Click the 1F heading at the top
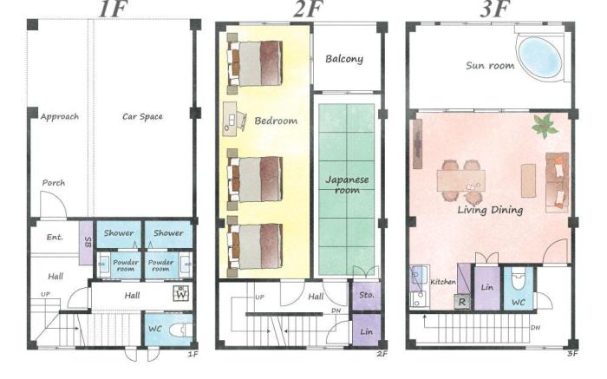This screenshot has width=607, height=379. [113, 10]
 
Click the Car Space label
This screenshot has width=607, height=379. [142, 115]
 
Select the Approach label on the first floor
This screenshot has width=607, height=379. [59, 115]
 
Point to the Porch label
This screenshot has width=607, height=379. [53, 182]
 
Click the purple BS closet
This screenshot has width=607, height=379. [86, 235]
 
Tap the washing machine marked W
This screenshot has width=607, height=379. [181, 293]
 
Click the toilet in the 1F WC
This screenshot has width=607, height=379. [179, 330]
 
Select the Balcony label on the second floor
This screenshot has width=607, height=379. [344, 59]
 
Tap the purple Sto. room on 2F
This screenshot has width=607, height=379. [366, 295]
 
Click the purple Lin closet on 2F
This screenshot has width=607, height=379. [365, 332]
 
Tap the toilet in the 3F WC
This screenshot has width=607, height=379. [519, 281]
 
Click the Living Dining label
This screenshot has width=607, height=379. [490, 210]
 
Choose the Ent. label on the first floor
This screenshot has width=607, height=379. [54, 237]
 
